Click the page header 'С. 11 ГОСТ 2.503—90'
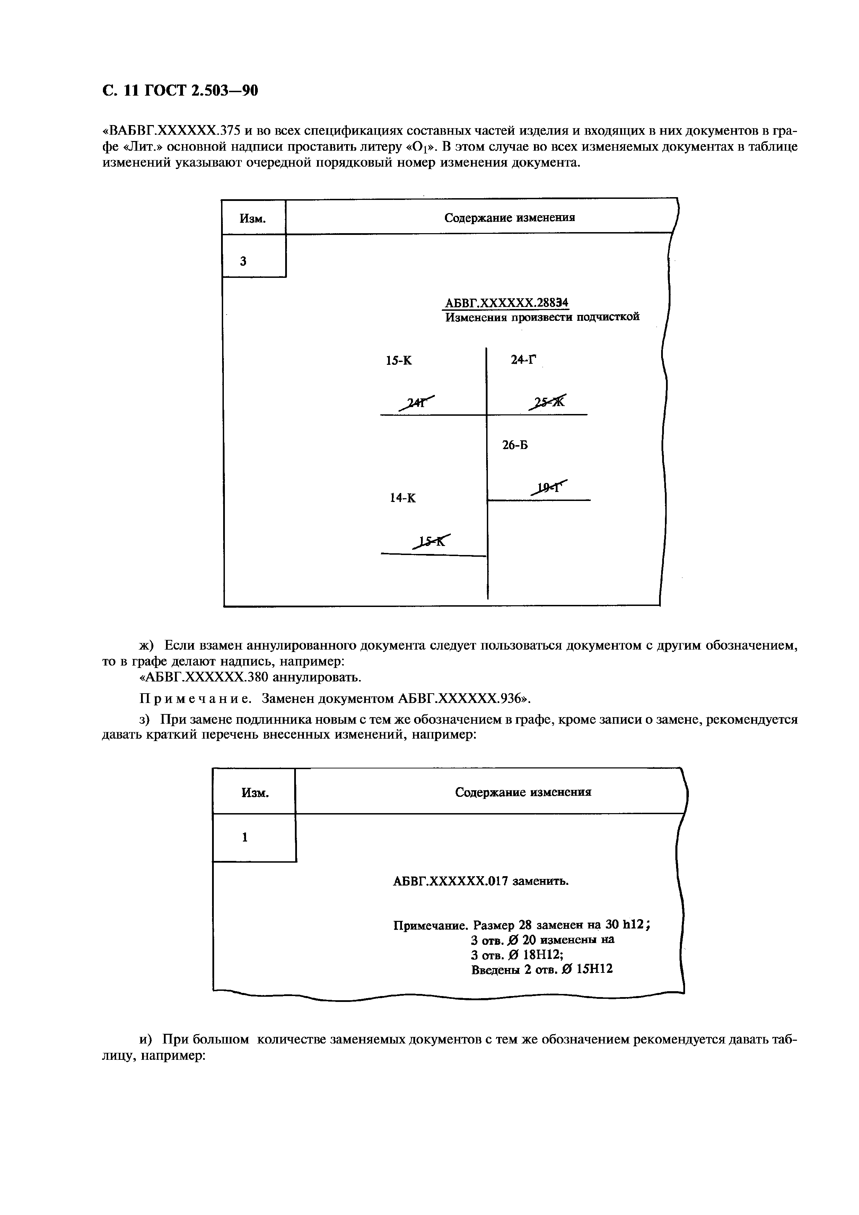coord(180,91)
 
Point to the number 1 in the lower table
coord(245,838)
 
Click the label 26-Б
coord(515,446)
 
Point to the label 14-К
coord(403,498)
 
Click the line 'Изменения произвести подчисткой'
coord(542,317)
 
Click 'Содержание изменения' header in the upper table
coord(509,218)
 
